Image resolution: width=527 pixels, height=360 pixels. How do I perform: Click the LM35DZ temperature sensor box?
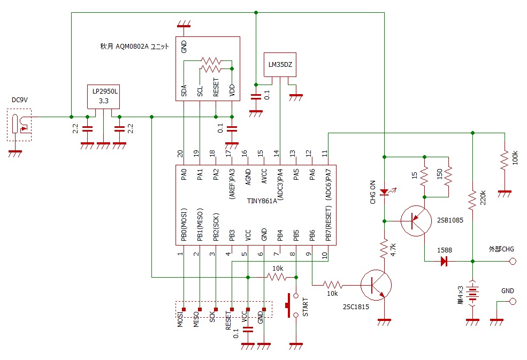pyautogui.click(x=280, y=65)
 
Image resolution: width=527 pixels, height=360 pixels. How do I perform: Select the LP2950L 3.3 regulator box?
pyautogui.click(x=103, y=96)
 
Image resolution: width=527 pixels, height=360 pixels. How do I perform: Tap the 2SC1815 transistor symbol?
pyautogui.click(x=376, y=285)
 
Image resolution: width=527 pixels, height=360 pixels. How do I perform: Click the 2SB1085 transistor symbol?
pyautogui.click(x=416, y=221)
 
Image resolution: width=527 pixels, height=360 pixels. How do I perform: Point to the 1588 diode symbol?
pyautogui.click(x=444, y=261)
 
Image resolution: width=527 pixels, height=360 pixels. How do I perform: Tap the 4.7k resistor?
pyautogui.click(x=384, y=249)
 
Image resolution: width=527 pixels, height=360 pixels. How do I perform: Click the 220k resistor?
pyautogui.click(x=472, y=201)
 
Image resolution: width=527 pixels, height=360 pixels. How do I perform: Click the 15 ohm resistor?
pyautogui.click(x=424, y=176)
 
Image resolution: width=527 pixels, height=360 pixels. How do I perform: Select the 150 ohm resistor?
pyautogui.click(x=448, y=176)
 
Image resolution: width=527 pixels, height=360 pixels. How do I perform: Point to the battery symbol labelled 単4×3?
pyautogui.click(x=472, y=293)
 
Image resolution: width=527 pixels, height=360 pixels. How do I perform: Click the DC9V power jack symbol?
pyautogui.click(x=19, y=125)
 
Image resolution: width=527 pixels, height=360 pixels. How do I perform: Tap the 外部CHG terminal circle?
pyautogui.click(x=513, y=261)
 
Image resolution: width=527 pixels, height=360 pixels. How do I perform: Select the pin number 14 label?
pyautogui.click(x=276, y=154)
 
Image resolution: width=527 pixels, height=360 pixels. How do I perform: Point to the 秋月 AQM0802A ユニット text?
pyautogui.click(x=134, y=47)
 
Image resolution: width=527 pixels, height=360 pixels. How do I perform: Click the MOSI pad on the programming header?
pyautogui.click(x=184, y=309)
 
